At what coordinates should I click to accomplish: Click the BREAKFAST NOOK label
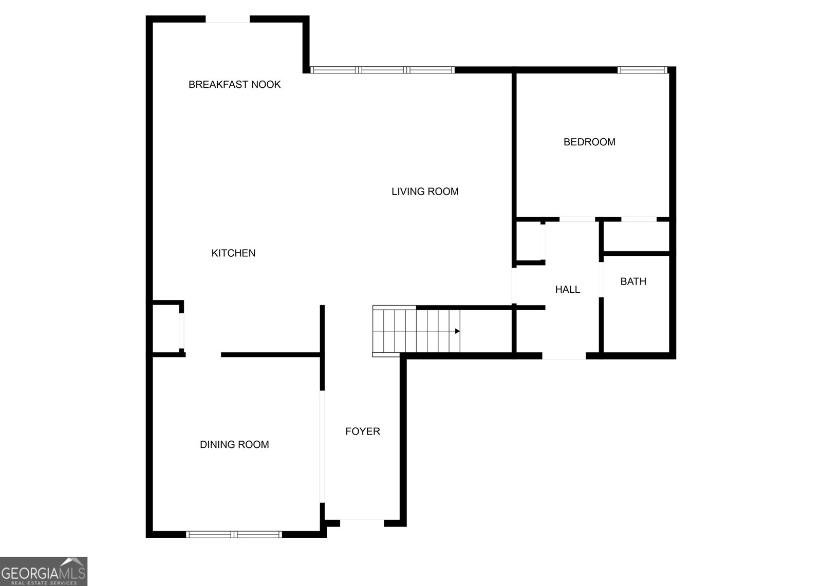click(x=234, y=84)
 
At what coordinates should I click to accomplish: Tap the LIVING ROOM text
click(x=425, y=191)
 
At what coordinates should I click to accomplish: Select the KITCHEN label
click(x=233, y=253)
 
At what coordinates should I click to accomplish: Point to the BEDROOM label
click(x=589, y=142)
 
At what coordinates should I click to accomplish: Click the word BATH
click(x=633, y=281)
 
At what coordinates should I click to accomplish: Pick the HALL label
click(x=568, y=290)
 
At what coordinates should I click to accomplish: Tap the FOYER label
click(x=363, y=431)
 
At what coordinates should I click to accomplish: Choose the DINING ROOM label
click(x=234, y=444)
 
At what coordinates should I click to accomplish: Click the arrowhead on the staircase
click(x=457, y=331)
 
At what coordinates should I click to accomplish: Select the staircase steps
click(x=416, y=331)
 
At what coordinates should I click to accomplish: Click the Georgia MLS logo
click(x=44, y=571)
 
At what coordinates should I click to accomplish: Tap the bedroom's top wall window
click(x=642, y=70)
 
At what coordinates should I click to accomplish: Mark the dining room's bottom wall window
click(x=234, y=534)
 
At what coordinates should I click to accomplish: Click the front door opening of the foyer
click(x=362, y=523)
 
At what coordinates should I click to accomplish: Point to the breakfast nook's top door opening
click(x=228, y=19)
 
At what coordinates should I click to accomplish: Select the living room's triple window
click(x=382, y=70)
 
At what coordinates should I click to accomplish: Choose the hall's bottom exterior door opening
click(x=564, y=355)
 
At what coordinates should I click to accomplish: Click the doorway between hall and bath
click(x=601, y=279)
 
